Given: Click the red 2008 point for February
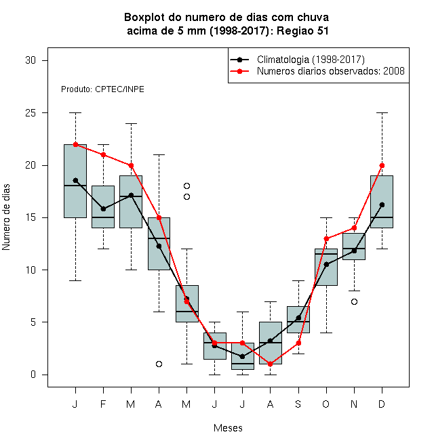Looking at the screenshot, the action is tap(103, 155).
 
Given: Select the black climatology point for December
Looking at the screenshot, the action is tap(382, 205).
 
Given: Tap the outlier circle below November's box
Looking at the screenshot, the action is tap(354, 301).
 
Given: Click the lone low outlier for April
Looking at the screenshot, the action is tap(159, 364).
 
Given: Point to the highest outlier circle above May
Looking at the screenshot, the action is tap(186, 186).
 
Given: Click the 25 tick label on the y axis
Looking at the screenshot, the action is tap(31, 113).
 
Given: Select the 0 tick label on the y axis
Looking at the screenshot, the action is tap(33, 375).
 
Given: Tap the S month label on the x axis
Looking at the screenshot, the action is tap(298, 404).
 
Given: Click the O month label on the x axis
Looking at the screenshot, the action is tap(325, 404).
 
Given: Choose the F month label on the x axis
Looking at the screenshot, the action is tap(103, 404).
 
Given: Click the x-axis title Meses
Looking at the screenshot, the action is tap(228, 428).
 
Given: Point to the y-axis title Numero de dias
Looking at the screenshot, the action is tap(6, 217).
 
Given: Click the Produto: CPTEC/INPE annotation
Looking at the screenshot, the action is tap(102, 89).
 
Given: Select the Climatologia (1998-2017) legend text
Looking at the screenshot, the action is tap(311, 60).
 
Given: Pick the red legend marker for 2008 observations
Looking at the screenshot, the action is tap(240, 71).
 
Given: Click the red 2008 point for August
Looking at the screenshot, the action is tap(270, 364).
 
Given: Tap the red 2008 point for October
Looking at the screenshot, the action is tap(326, 238).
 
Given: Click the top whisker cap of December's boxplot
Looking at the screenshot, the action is tap(382, 113).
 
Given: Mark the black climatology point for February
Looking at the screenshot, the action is tap(103, 209).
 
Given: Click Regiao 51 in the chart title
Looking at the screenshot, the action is tap(302, 30).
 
